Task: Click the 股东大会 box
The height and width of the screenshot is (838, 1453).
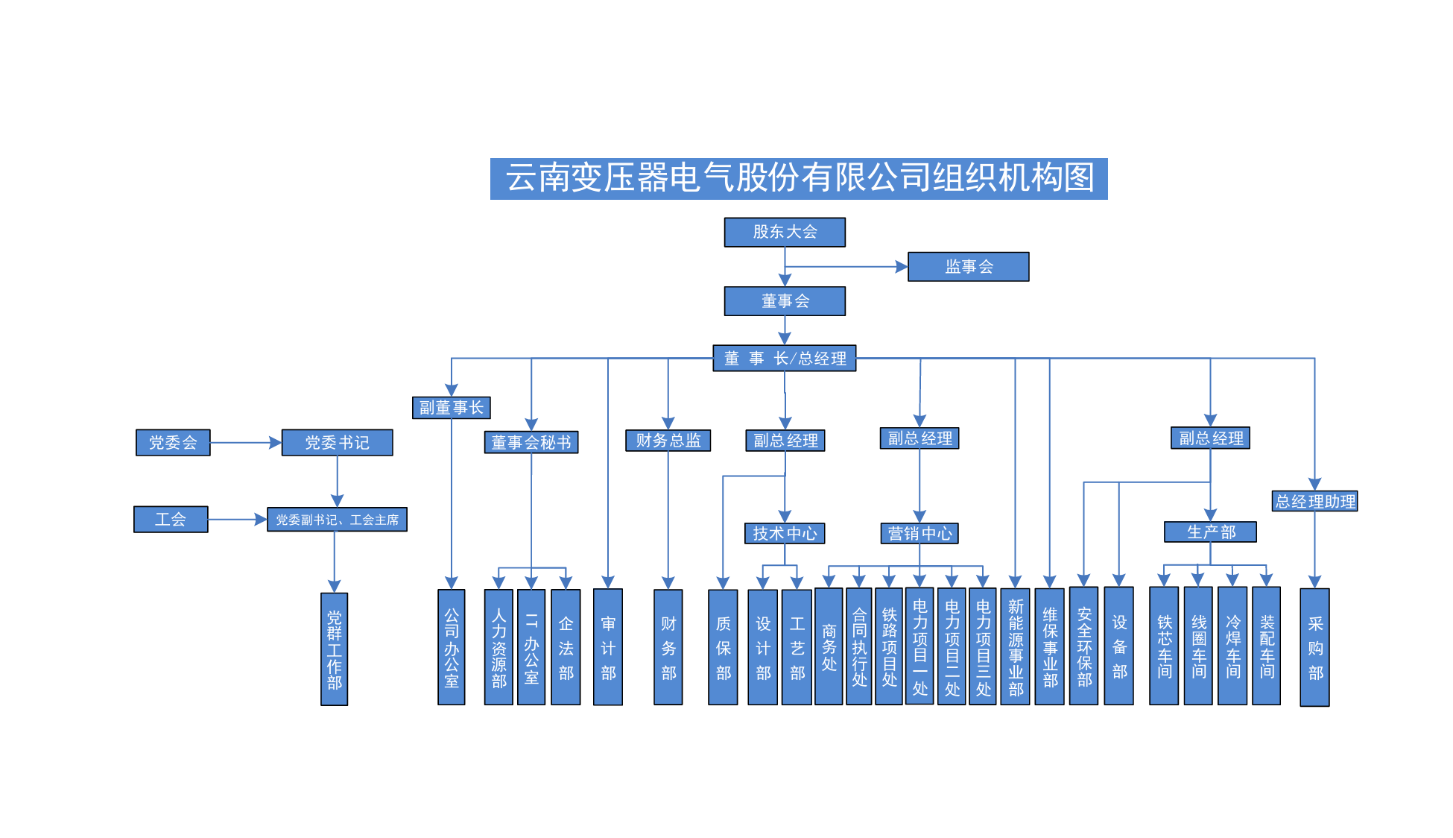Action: point(785,232)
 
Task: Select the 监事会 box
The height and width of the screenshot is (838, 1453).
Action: point(968,266)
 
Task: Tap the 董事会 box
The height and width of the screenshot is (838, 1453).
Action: point(785,301)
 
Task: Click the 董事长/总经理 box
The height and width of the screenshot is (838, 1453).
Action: point(785,358)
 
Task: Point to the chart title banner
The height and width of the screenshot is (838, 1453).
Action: point(799,178)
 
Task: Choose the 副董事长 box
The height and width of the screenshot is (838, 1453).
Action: point(451,407)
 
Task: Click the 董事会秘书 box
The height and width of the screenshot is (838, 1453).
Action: point(531,442)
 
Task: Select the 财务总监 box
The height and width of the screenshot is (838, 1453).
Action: point(668,440)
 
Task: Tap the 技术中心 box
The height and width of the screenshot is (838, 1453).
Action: point(785,533)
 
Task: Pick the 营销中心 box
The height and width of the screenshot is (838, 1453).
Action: point(919,533)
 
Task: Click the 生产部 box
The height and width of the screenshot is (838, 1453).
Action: point(1210,532)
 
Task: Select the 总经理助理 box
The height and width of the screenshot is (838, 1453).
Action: point(1314,501)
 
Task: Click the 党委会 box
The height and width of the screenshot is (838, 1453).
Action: point(173,442)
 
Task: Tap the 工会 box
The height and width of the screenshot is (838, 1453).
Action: point(171,519)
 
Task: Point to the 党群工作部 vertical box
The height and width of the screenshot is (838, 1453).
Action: point(334,649)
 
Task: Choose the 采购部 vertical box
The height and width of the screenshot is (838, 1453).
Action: point(1314,646)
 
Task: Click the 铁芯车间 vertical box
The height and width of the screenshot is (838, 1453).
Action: point(1164,646)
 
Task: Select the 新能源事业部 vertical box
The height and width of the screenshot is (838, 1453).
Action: point(1015,646)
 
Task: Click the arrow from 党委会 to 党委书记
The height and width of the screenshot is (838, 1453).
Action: point(246,443)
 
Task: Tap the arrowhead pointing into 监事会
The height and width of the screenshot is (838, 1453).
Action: point(902,266)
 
